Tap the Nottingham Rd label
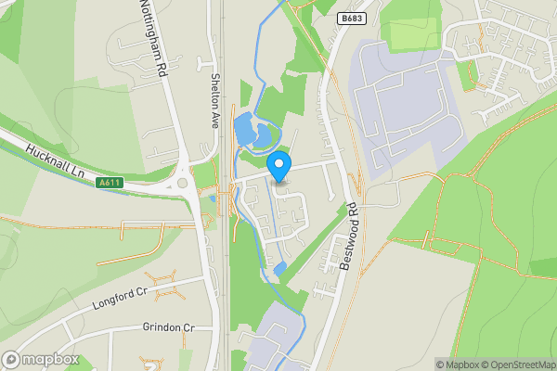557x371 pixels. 153,37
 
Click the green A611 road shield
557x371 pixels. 110,183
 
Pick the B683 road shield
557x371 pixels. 350,19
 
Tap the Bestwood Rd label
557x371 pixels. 349,238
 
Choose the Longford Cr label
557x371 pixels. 120,298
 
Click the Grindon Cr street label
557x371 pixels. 168,327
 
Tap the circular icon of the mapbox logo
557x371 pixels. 12,360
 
